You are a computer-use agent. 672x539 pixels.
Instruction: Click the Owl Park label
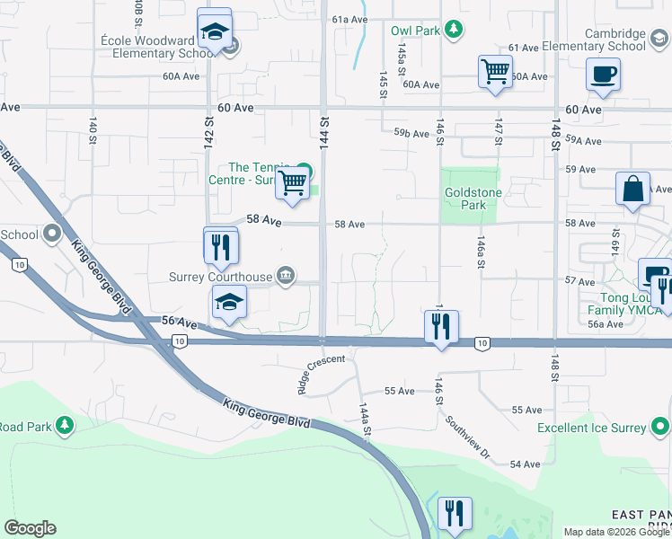[415, 31]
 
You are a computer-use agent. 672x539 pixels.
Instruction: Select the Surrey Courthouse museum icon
[285, 275]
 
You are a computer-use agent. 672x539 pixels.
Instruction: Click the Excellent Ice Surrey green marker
[661, 426]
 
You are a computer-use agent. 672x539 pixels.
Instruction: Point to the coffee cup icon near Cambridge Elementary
[603, 75]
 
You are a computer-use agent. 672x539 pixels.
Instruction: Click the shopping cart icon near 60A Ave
[496, 73]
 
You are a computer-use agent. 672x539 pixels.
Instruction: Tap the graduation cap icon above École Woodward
[215, 31]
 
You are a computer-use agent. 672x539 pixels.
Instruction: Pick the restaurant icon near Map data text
[455, 513]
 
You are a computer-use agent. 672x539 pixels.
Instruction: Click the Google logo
[30, 528]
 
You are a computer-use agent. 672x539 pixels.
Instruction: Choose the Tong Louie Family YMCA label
[620, 304]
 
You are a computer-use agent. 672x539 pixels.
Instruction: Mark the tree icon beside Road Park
[64, 424]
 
